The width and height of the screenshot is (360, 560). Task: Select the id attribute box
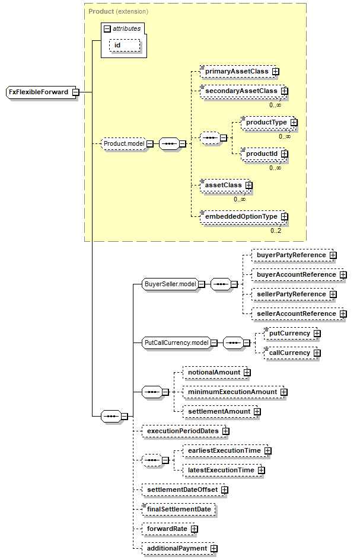[x=125, y=46]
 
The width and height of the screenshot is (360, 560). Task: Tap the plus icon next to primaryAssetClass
[x=275, y=72]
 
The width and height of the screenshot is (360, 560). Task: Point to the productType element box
[x=268, y=123]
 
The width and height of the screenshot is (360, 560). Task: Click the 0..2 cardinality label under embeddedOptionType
[x=276, y=231]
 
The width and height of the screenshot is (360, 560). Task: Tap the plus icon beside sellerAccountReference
[x=343, y=313]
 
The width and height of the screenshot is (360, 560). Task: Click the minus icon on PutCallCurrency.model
[x=214, y=343]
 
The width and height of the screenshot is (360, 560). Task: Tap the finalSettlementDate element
[x=179, y=509]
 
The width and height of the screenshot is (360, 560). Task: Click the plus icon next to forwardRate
[x=194, y=529]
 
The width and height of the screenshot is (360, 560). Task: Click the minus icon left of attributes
[x=107, y=29]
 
